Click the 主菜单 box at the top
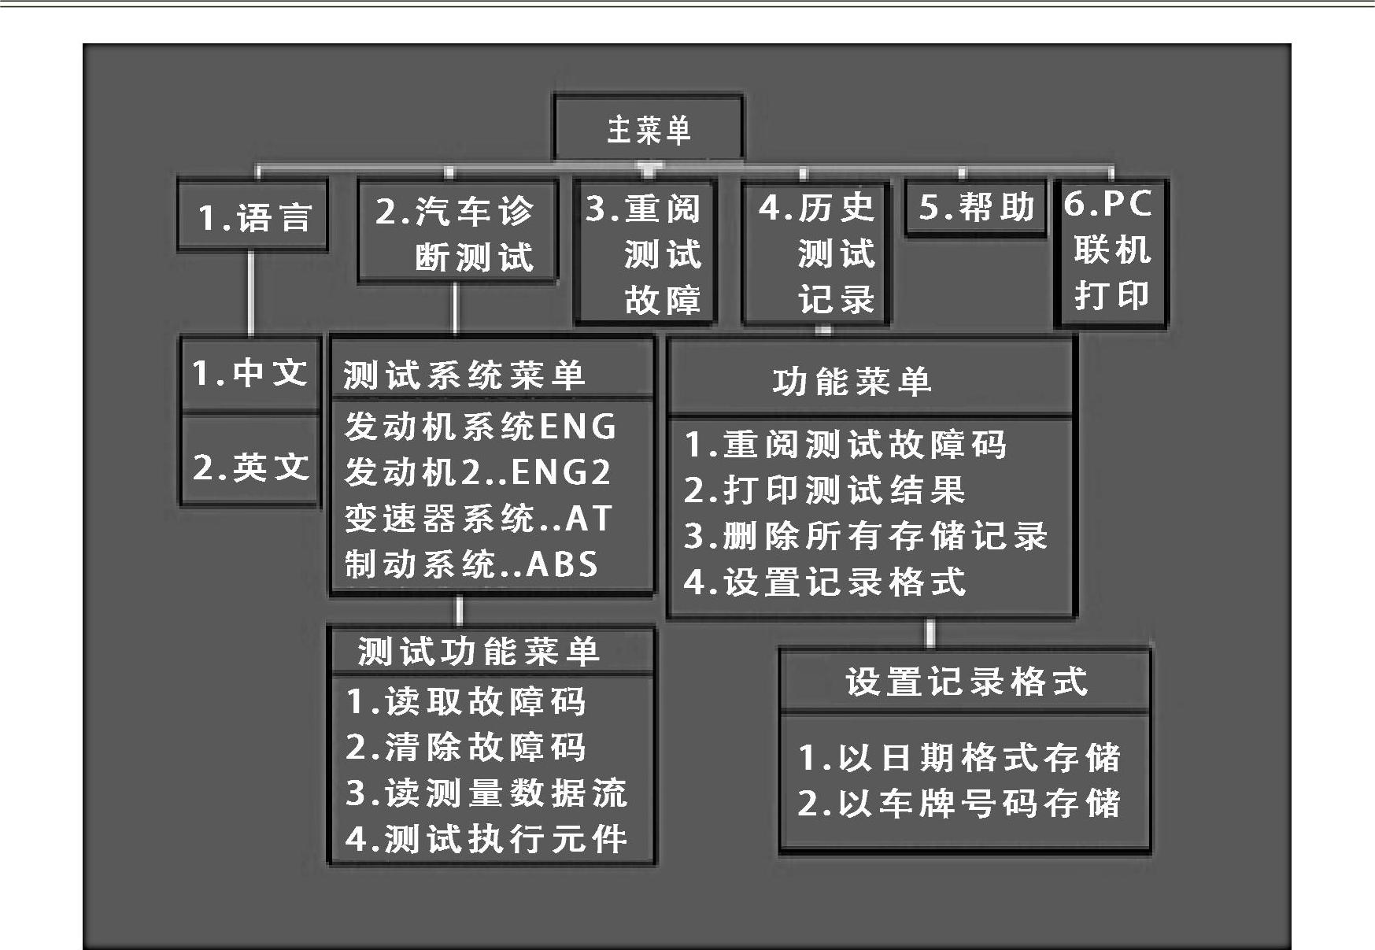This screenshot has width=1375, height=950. (x=648, y=128)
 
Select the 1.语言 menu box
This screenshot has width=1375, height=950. (x=253, y=216)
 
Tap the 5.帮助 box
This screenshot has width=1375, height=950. (x=976, y=208)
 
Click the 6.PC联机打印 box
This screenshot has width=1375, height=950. (x=1111, y=252)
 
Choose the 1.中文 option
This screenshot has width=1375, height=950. (x=250, y=373)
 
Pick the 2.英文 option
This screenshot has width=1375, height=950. (x=250, y=466)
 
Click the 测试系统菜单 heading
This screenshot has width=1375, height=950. (x=464, y=375)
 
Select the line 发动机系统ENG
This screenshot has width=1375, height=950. (x=480, y=427)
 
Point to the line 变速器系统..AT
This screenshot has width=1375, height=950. (x=479, y=518)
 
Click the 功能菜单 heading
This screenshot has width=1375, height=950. (x=852, y=382)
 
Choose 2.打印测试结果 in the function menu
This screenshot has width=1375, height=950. (x=824, y=490)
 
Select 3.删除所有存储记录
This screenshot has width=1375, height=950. (x=866, y=536)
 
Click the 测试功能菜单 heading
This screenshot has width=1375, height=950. (x=479, y=651)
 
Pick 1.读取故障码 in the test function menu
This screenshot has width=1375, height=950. (x=466, y=701)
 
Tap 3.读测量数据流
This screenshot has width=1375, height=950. (x=486, y=793)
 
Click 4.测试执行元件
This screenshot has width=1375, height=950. (x=486, y=838)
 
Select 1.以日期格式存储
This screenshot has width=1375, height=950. (x=959, y=757)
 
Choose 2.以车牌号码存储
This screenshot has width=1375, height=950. (x=959, y=803)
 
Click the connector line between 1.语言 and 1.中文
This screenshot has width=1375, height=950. (x=251, y=294)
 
